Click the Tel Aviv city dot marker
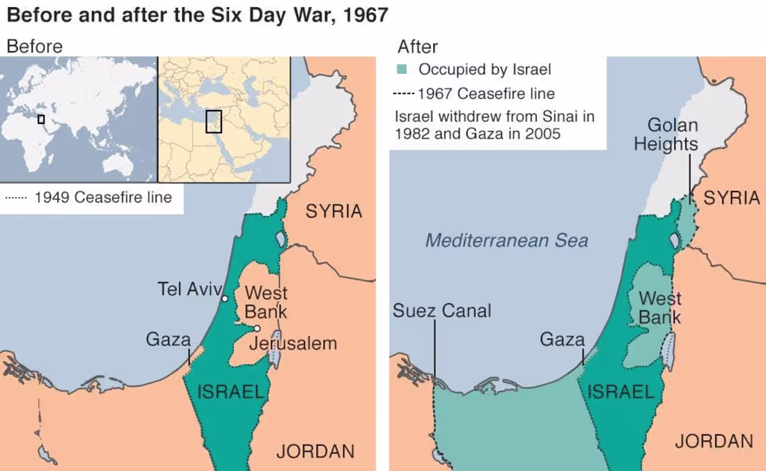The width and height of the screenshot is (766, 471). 224,298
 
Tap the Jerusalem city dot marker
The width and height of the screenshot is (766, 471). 257,328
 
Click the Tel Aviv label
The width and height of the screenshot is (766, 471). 189,288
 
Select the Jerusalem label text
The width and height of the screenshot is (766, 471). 292,343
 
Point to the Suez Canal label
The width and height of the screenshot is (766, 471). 441,311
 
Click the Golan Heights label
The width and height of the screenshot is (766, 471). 672,134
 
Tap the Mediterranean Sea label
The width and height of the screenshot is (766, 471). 506,241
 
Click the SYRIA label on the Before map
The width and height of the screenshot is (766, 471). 334,211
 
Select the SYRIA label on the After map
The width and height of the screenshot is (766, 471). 731,198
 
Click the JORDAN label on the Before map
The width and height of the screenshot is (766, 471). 315,451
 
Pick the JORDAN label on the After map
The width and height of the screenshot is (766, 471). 714,441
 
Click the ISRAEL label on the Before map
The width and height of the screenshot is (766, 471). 231,392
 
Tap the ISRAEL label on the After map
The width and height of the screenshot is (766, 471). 621,392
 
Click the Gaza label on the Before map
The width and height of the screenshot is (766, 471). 168,340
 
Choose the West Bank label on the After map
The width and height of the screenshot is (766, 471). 659,308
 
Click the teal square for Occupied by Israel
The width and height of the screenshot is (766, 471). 402,70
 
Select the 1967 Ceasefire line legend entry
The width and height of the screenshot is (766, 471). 474,93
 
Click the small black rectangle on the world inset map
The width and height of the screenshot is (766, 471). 41,119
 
